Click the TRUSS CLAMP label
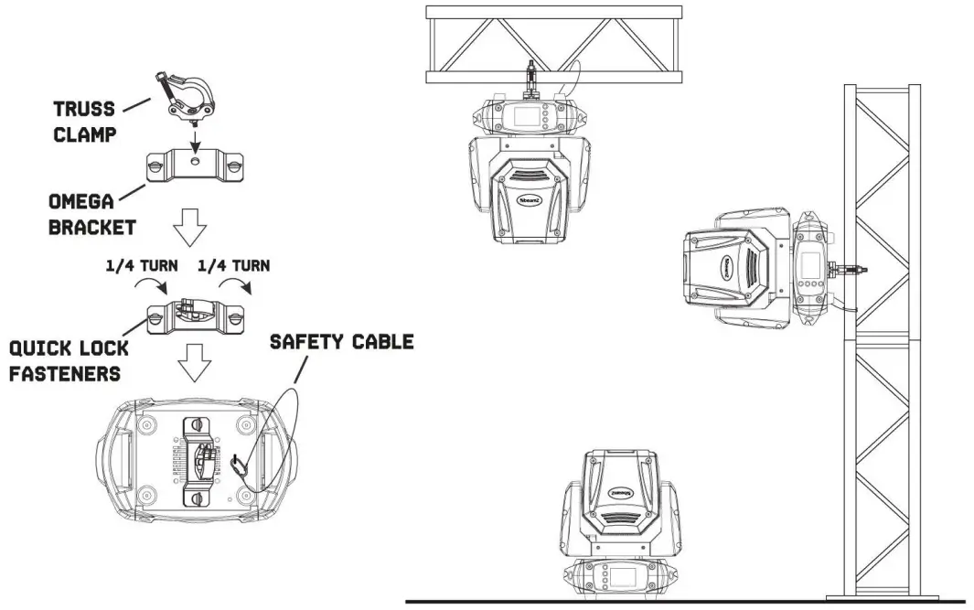83,122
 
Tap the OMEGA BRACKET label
91,214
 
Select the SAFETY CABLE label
341,342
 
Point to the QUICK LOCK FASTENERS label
69,360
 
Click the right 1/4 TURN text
233,266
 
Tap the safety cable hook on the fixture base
241,465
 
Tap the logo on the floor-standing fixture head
621,491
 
